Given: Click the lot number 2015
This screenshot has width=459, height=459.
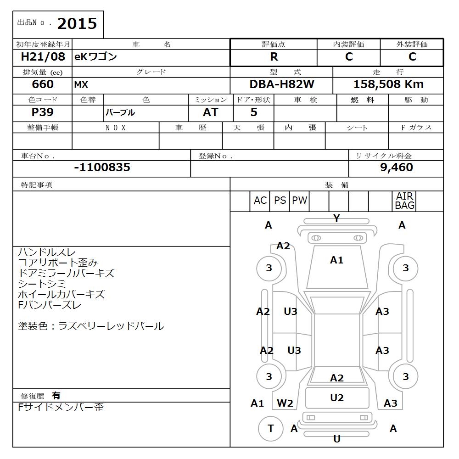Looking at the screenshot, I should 77,23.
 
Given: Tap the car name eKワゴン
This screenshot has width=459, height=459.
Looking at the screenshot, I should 95,57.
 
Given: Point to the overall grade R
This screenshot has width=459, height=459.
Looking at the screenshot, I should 274,57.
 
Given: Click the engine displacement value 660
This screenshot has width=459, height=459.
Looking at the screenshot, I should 43,84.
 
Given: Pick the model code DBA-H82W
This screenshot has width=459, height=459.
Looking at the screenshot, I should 282,84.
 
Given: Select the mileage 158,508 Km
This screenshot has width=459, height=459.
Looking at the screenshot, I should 388,84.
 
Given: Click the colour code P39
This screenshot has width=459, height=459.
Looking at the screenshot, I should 42,112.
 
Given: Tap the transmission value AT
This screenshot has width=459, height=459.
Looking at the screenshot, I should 210,112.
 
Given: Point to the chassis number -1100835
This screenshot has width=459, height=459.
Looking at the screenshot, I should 102,168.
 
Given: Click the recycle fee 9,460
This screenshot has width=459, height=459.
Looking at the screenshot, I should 397,168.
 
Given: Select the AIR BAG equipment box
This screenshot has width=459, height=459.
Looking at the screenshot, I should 404,201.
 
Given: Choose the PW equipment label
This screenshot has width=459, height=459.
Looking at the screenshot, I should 299,201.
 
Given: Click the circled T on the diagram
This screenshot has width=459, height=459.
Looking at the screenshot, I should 270,428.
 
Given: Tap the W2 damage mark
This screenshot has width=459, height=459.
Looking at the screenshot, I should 285,403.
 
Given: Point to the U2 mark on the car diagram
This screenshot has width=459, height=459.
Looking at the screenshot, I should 337,398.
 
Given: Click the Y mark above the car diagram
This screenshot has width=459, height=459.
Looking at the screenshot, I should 336,218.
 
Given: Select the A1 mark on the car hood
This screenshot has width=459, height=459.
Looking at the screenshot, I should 336,260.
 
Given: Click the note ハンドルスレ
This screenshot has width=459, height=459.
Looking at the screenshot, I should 47,252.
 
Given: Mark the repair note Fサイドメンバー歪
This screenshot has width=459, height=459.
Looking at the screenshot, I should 61,408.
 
